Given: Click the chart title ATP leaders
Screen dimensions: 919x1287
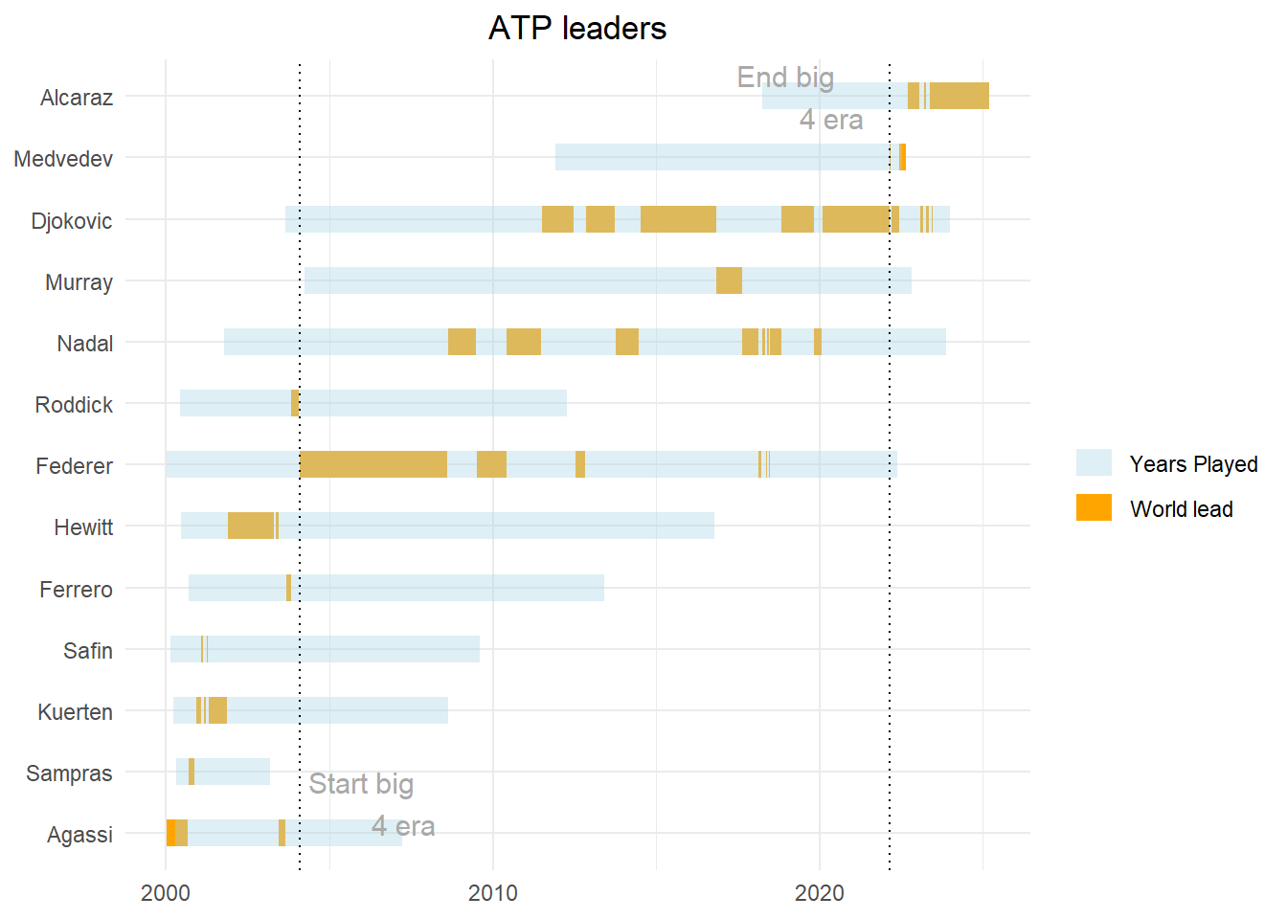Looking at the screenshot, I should pyautogui.click(x=576, y=29).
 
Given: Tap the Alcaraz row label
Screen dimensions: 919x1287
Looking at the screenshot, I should pyautogui.click(x=77, y=98).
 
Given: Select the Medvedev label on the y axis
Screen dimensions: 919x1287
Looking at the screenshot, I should pyautogui.click(x=63, y=159).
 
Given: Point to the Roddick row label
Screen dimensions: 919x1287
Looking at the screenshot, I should pyautogui.click(x=74, y=405).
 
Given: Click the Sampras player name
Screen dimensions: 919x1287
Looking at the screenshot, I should pyautogui.click(x=69, y=773).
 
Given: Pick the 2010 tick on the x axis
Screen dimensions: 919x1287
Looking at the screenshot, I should pyautogui.click(x=492, y=893).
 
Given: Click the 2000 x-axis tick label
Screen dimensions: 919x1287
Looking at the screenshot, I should pyautogui.click(x=166, y=893).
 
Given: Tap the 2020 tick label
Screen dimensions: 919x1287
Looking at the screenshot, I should pyautogui.click(x=820, y=893).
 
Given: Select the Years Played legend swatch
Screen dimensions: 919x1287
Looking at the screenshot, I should pyautogui.click(x=1094, y=463).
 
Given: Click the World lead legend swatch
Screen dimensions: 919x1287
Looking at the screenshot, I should pyautogui.click(x=1094, y=508).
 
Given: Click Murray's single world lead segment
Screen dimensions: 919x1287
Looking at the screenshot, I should pyautogui.click(x=729, y=280).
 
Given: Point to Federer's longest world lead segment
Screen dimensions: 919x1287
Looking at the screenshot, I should pyautogui.click(x=373, y=464).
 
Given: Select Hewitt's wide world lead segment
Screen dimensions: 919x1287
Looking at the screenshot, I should pyautogui.click(x=251, y=526).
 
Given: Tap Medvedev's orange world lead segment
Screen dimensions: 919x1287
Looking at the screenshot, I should pyautogui.click(x=902, y=157).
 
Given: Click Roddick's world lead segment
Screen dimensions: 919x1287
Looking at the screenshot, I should pyautogui.click(x=295, y=403).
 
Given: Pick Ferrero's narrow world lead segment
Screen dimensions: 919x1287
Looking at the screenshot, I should pyautogui.click(x=288, y=588).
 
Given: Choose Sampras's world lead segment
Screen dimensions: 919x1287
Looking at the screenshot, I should pyautogui.click(x=192, y=772).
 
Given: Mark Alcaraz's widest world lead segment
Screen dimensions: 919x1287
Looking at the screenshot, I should pyautogui.click(x=959, y=96).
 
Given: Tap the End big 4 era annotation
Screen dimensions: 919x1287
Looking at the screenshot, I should pyautogui.click(x=800, y=98).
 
